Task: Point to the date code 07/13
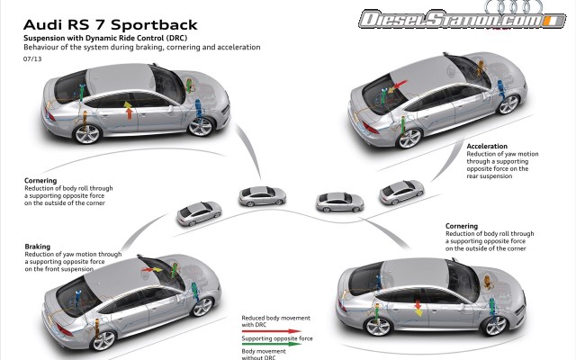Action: pyautogui.click(x=33, y=60)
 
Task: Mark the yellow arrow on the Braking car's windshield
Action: pyautogui.click(x=148, y=265)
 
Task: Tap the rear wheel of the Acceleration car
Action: pyautogui.click(x=409, y=138)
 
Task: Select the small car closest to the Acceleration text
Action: pyautogui.click(x=401, y=191)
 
